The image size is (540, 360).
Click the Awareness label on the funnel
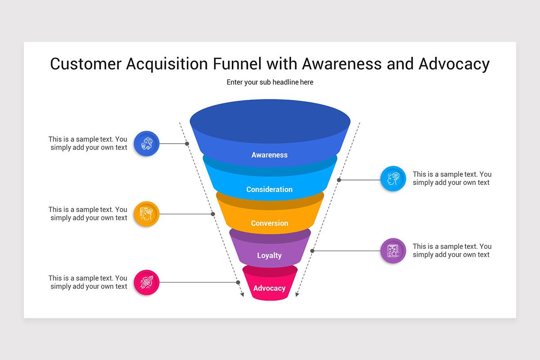[x=269, y=155]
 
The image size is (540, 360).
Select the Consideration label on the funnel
[x=269, y=189]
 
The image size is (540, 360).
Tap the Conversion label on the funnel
[x=269, y=223]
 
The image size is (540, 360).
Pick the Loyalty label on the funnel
[x=269, y=256]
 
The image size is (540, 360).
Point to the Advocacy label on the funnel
[x=269, y=288]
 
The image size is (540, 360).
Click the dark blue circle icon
[x=147, y=144]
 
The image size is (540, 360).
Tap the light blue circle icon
[x=393, y=179]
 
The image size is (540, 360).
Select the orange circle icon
[x=147, y=214]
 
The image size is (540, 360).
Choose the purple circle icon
[x=393, y=251]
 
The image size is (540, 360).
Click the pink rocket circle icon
[x=147, y=282]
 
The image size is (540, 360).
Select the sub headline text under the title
[x=270, y=82]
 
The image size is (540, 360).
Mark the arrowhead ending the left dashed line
[x=242, y=295]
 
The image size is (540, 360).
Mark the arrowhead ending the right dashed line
[x=297, y=295]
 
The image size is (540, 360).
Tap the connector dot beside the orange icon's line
[x=213, y=214]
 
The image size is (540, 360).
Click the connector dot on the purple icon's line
[x=313, y=251]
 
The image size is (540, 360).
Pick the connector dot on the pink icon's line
[x=238, y=282]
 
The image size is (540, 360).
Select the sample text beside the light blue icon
[x=452, y=179]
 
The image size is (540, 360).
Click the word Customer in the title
[x=85, y=64]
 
